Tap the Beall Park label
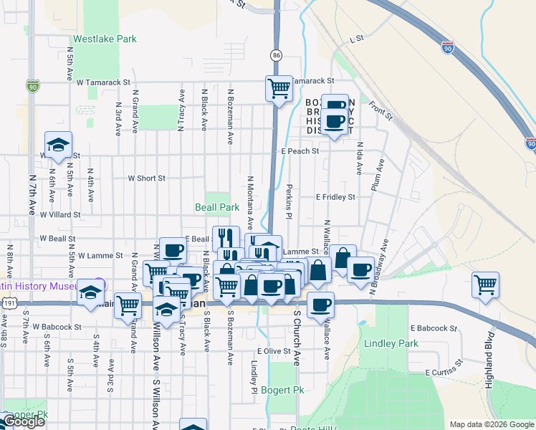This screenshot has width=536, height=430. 217,207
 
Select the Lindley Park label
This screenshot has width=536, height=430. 391,343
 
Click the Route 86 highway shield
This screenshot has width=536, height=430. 277,55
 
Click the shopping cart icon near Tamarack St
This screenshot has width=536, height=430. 279,88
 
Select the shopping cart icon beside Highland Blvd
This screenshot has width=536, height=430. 485,285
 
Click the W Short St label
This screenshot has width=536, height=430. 146,178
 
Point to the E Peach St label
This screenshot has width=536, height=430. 300,152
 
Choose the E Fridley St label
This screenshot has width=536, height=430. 335,196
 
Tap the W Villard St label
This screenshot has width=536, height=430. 60,214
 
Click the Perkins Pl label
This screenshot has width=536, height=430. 289,201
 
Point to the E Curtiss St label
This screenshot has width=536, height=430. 446,373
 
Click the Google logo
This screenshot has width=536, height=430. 23,421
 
